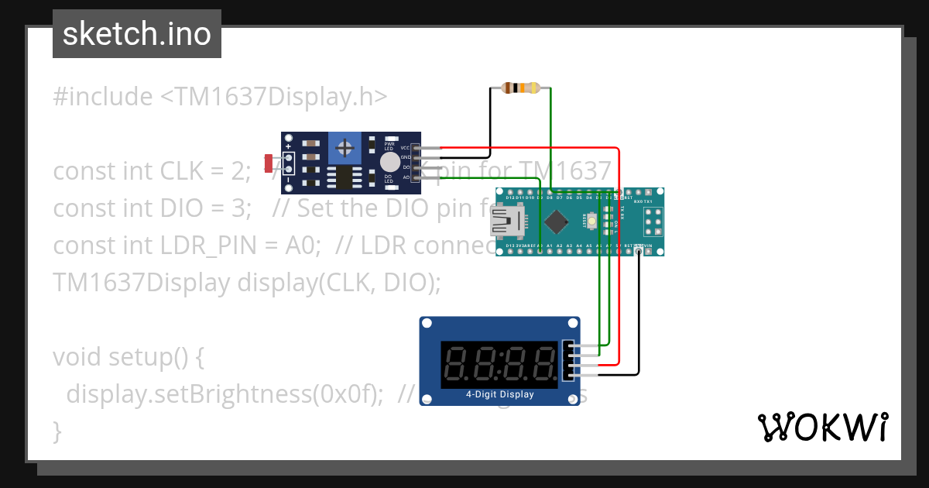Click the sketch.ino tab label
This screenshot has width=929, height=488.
click(x=136, y=34)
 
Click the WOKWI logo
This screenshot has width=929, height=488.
click(x=822, y=427)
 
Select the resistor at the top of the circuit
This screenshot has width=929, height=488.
click(x=520, y=88)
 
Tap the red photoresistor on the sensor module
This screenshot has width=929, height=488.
click(x=269, y=163)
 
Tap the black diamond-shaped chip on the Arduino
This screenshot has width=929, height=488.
click(x=555, y=223)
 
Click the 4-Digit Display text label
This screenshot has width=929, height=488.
click(x=499, y=394)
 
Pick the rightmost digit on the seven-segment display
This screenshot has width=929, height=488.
click(x=544, y=364)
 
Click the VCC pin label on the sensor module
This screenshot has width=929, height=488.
click(x=405, y=147)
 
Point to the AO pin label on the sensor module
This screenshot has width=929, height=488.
click(x=406, y=177)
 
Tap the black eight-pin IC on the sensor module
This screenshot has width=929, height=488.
click(x=341, y=177)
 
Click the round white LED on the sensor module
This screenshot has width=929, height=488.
click(x=390, y=162)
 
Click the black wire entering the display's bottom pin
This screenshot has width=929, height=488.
click(x=619, y=375)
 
